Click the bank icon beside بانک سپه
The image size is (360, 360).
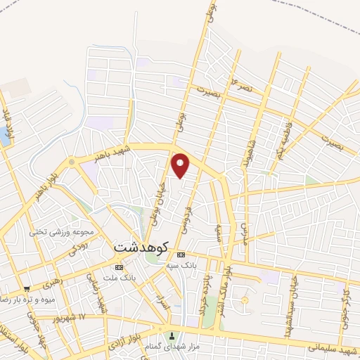pos(181,254)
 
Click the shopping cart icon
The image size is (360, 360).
pos(27,288)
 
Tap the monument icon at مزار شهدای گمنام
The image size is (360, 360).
pos(172,331)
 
